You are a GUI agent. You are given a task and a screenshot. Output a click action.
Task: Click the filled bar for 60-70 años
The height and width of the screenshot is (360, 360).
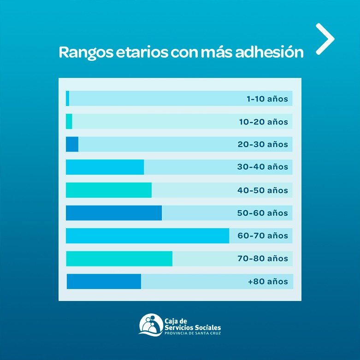tap(148, 236)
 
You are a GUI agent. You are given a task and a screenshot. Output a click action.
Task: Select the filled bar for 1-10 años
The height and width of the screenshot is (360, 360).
tap(68, 99)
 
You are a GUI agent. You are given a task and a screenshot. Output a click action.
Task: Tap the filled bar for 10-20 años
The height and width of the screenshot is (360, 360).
tap(69, 122)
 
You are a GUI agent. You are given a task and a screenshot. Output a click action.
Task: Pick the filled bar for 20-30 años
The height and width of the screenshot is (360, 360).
tap(72, 144)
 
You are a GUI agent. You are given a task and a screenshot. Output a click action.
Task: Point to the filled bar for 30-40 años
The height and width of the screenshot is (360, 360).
tap(105, 167)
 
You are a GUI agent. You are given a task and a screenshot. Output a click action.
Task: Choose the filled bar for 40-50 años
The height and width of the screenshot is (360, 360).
tap(108, 190)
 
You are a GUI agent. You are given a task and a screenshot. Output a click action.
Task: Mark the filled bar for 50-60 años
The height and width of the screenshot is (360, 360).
tap(114, 213)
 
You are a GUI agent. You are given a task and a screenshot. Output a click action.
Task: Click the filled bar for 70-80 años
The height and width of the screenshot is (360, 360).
tap(119, 259)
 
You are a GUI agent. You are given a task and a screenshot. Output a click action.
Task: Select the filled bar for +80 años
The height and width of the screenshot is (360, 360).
tap(104, 281)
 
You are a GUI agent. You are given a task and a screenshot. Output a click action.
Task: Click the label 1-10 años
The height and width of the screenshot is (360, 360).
tap(267, 99)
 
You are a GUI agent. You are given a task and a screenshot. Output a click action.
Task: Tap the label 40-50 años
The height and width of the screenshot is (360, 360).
tap(262, 190)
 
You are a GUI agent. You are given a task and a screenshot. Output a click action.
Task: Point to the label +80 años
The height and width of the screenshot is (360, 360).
tap(268, 282)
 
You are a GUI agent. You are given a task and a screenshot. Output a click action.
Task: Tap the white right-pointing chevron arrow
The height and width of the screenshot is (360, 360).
tap(325, 39)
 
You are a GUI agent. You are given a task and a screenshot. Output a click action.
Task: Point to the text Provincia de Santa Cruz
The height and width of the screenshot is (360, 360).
tap(192, 333)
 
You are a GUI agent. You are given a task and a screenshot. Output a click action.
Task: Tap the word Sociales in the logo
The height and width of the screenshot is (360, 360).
tap(207, 327)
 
